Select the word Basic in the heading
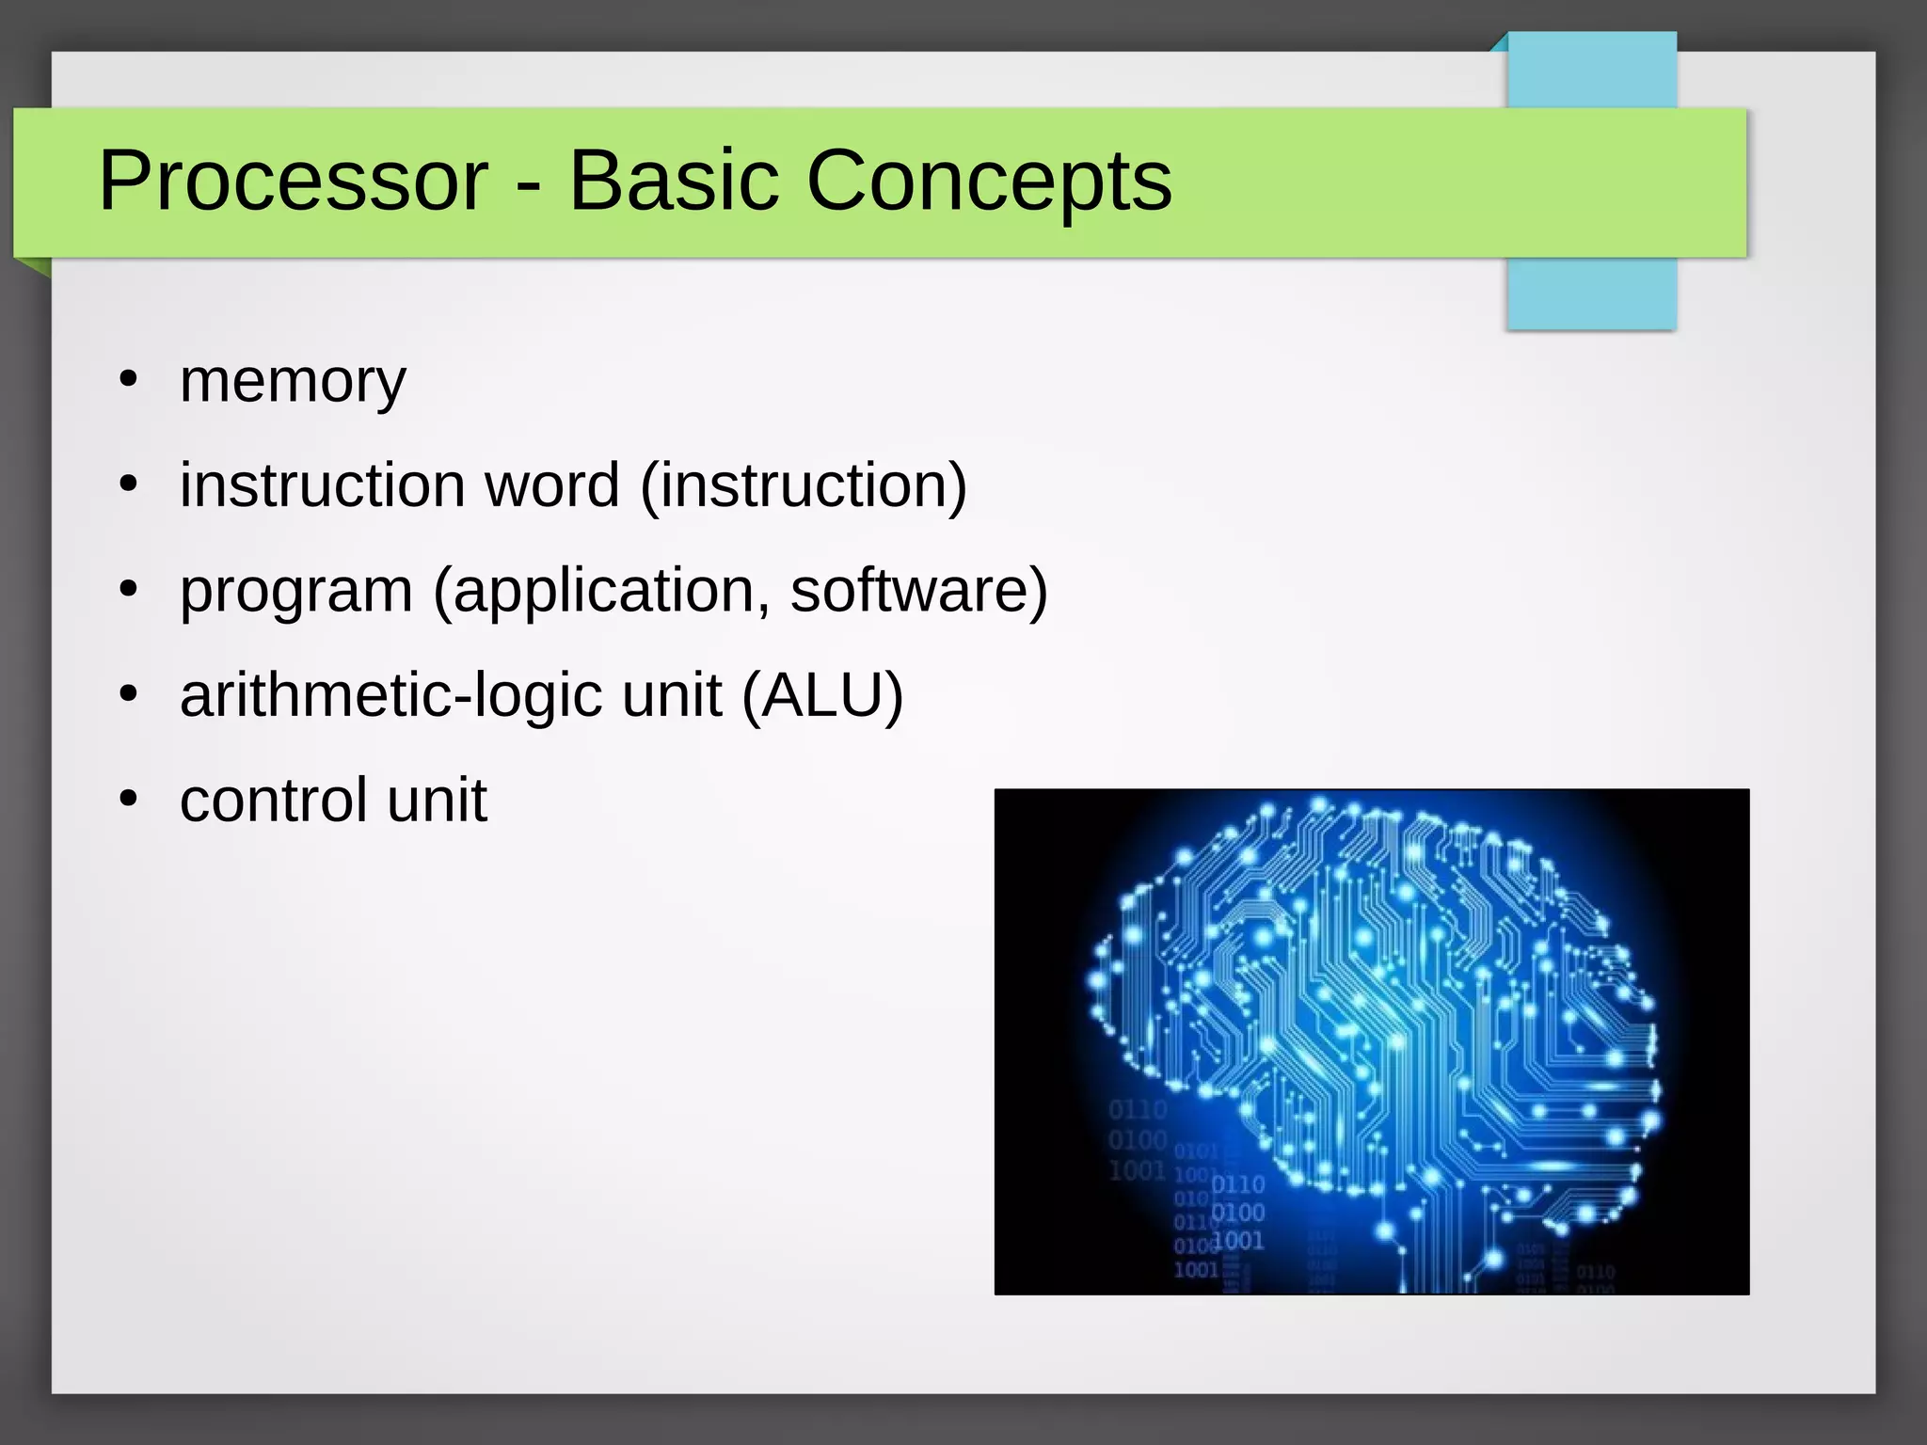click(674, 181)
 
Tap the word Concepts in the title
click(989, 181)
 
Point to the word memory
click(293, 382)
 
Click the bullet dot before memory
click(129, 381)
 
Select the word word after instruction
click(551, 485)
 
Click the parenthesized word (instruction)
click(804, 485)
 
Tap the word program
click(296, 593)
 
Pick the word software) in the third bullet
click(918, 591)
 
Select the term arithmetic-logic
click(391, 696)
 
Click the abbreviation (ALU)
click(822, 696)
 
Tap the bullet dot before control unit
click(129, 800)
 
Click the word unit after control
click(437, 801)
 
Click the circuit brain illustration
click(1371, 1041)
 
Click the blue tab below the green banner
click(1591, 294)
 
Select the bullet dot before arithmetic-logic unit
click(129, 695)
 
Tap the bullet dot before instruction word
click(129, 485)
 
